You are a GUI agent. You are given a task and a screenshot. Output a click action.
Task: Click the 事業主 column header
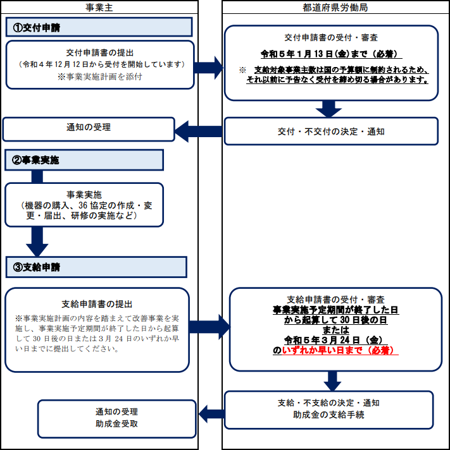pos(99,8)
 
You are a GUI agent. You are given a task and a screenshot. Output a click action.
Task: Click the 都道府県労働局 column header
pos(335,8)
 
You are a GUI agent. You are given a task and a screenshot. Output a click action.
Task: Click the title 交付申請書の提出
pos(100,53)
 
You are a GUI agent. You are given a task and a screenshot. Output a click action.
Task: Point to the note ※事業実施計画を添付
pos(100,76)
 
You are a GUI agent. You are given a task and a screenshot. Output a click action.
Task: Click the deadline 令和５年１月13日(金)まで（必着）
pos(330,54)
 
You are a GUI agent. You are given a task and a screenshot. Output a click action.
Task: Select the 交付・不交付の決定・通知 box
pos(331,131)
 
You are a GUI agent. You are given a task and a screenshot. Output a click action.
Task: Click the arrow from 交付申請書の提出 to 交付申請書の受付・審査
pos(209,68)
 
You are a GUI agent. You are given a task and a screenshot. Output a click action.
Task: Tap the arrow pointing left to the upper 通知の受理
pos(198,131)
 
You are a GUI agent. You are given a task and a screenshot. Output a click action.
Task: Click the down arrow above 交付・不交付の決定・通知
pos(328,109)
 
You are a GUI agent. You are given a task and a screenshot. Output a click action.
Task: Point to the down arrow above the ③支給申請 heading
pos(37,241)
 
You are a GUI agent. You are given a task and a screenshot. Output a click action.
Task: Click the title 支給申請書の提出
pos(97,304)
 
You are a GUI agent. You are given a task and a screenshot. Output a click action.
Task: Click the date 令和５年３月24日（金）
pos(335,340)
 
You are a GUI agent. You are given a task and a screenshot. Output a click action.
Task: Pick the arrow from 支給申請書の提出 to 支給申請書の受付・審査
pos(209,327)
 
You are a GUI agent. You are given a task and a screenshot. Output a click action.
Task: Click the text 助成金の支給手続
pos(328,415)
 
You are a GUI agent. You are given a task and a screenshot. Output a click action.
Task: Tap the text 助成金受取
pos(116,423)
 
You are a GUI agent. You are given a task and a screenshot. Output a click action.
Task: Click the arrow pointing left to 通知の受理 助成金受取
pos(212,414)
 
